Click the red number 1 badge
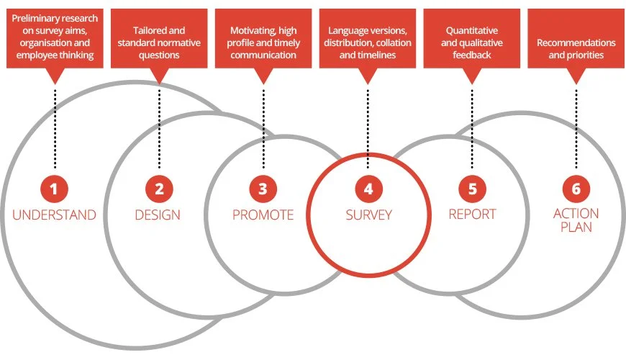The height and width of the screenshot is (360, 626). tap(55, 189)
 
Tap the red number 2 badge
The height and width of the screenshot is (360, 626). tap(159, 189)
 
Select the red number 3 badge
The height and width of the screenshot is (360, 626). tap(263, 189)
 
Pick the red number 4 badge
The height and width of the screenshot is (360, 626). tap(368, 189)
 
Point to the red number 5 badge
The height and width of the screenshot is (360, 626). tap(472, 189)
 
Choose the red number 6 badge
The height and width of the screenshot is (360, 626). tap(576, 189)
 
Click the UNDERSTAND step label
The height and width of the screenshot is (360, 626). tap(54, 215)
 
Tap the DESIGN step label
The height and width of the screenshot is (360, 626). tap(158, 215)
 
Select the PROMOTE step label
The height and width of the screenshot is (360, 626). tap(263, 215)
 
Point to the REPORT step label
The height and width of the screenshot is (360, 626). tap(472, 215)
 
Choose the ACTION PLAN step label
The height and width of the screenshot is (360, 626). tap(576, 220)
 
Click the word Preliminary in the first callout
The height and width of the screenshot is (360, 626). tap(38, 17)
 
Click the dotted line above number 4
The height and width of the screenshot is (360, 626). tap(368, 122)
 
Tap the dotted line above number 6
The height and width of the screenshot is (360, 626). tap(576, 122)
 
